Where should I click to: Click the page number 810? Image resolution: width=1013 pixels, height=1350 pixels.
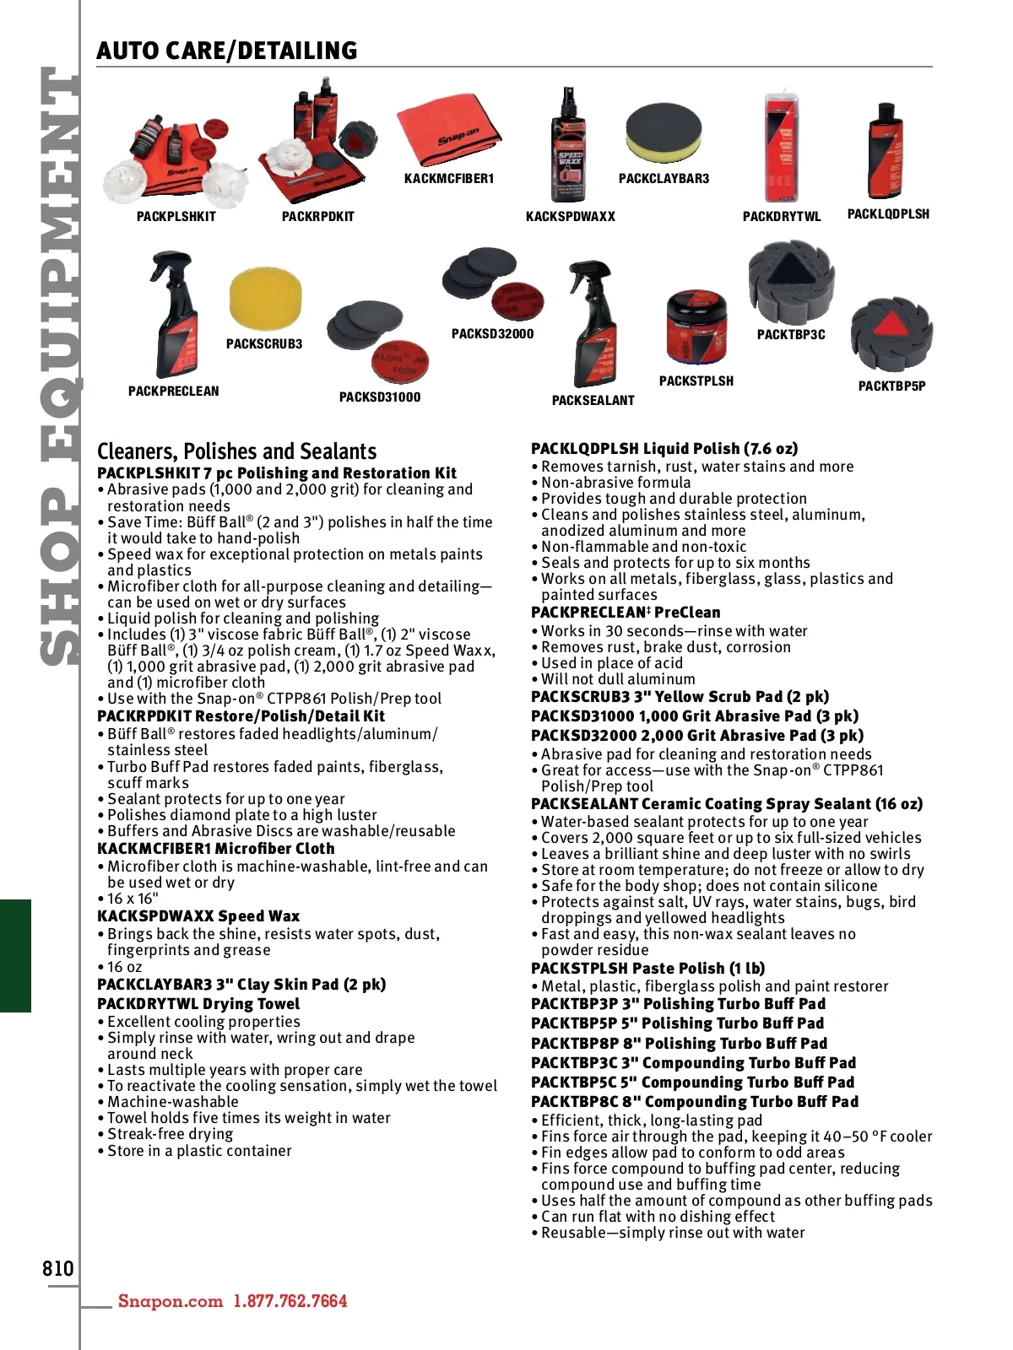[x=58, y=1268]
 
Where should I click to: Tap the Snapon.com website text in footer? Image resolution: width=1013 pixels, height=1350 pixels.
[x=170, y=1301]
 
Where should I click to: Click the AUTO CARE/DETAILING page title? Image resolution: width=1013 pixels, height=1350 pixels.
[x=226, y=51]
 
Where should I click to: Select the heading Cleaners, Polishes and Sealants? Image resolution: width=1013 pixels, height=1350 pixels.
[x=236, y=451]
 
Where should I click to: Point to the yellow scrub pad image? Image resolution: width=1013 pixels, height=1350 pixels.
[x=265, y=300]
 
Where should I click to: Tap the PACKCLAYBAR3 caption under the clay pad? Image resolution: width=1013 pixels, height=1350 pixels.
[x=664, y=179]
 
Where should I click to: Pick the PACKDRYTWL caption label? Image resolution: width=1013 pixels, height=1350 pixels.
[x=781, y=217]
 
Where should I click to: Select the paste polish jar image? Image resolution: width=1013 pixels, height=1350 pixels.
[x=696, y=328]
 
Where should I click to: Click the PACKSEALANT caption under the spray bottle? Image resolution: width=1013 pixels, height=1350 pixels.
[x=593, y=401]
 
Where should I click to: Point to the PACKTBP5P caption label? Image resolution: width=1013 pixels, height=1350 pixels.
[x=891, y=386]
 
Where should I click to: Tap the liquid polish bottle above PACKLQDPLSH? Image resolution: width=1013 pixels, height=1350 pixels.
[x=886, y=152]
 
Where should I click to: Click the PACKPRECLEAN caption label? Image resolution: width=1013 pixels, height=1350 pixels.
[x=173, y=391]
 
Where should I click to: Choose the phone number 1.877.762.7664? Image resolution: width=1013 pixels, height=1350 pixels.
[x=290, y=1301]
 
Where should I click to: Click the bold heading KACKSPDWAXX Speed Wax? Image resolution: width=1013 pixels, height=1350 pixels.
[x=198, y=916]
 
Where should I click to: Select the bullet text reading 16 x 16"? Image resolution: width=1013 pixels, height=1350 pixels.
[x=133, y=899]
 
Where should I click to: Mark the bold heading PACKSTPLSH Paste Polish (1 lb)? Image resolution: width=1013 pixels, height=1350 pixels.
[x=647, y=969]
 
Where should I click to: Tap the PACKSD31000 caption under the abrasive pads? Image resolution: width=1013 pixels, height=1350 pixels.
[x=380, y=397]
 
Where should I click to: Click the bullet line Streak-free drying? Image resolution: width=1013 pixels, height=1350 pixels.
[x=170, y=1134]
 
